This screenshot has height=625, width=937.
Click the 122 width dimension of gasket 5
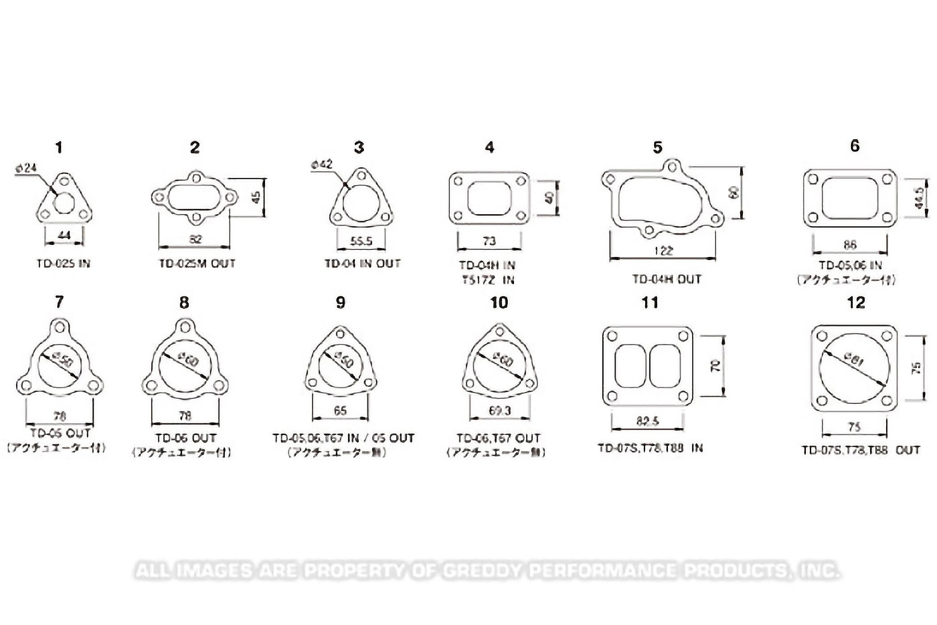pyautogui.click(x=663, y=251)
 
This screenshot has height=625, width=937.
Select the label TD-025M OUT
pyautogui.click(x=197, y=264)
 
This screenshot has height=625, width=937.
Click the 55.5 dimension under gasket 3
pyautogui.click(x=361, y=241)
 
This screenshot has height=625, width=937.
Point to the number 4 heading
pyautogui.click(x=489, y=147)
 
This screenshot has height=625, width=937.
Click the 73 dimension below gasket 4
pyautogui.click(x=489, y=241)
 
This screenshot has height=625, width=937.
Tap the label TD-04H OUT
pyautogui.click(x=667, y=279)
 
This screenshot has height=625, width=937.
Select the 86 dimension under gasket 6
pyautogui.click(x=850, y=244)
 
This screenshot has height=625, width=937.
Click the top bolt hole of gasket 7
pyautogui.click(x=60, y=327)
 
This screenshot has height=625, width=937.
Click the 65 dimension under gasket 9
pyautogui.click(x=340, y=410)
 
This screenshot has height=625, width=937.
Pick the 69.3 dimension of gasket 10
pyautogui.click(x=499, y=410)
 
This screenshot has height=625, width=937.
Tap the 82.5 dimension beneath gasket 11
pyautogui.click(x=647, y=421)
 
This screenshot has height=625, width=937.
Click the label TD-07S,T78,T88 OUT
pyautogui.click(x=861, y=450)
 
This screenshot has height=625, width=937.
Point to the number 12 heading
pyautogui.click(x=856, y=302)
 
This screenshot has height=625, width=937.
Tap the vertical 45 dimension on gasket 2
pyautogui.click(x=256, y=197)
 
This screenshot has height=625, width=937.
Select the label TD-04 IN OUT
pyautogui.click(x=362, y=264)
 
